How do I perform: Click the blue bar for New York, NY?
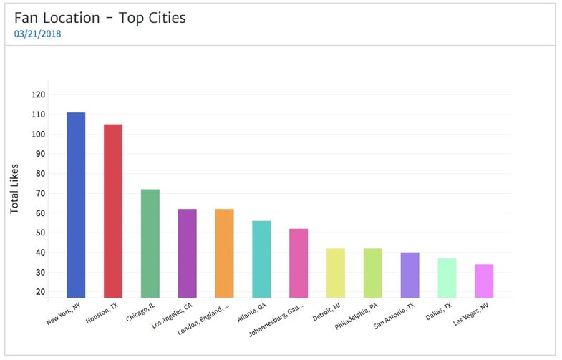tap(76, 205)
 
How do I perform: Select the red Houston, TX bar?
tap(113, 211)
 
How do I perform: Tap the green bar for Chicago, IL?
tap(150, 243)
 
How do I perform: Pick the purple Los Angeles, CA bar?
tap(187, 253)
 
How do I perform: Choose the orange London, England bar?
tap(224, 253)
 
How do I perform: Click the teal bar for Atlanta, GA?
tap(261, 259)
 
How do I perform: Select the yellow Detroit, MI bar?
tap(336, 273)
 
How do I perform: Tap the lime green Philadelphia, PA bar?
tap(373, 273)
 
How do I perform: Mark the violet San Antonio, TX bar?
tap(410, 275)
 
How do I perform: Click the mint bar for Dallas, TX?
tap(447, 278)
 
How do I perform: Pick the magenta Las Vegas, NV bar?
tap(484, 281)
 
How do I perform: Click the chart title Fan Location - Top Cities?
tap(100, 18)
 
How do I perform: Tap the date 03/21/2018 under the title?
tap(37, 34)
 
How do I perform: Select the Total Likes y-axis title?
tap(15, 189)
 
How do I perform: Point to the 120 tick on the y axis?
tap(39, 94)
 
